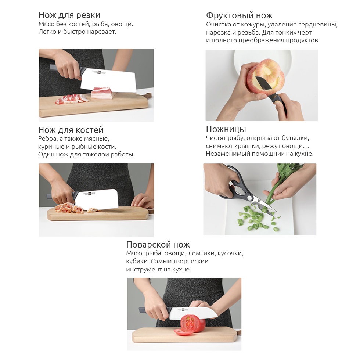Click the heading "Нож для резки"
[69, 15]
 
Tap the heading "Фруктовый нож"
[239, 15]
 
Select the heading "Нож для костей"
[71, 130]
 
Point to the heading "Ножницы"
[226, 129]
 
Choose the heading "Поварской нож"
[158, 245]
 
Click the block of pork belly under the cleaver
[102, 93]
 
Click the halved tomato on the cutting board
[192, 323]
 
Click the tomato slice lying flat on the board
[182, 332]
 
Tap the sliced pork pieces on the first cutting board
[71, 99]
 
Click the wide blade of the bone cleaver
[96, 199]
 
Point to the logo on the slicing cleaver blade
[99, 73]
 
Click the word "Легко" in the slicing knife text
[47, 32]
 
